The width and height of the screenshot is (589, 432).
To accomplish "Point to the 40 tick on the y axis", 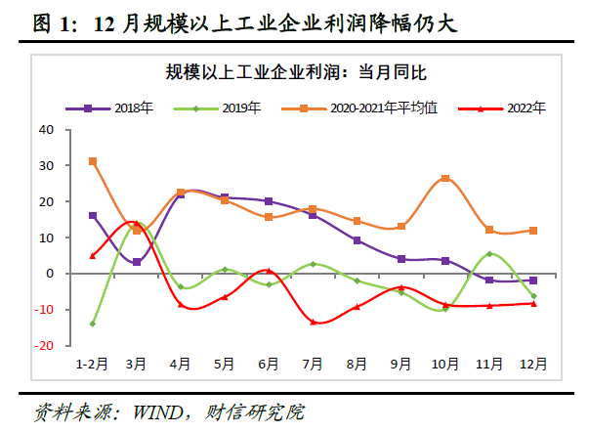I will tap(45, 129).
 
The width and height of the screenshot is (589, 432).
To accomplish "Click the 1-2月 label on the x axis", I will tap(92, 364).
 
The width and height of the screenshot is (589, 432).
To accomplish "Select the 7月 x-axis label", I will tap(313, 364).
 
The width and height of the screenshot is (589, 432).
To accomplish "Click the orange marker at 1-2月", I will tap(93, 161).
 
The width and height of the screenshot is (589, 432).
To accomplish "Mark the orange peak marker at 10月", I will tap(445, 179).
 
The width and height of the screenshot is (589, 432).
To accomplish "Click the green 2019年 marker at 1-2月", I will tap(93, 324).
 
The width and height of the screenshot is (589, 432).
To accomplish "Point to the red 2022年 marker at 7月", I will tap(313, 322).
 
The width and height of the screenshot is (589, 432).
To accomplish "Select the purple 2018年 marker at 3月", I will tap(137, 262).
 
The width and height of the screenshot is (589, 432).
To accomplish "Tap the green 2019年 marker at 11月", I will tap(489, 254).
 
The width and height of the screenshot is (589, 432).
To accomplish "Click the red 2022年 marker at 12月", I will tap(533, 303).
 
